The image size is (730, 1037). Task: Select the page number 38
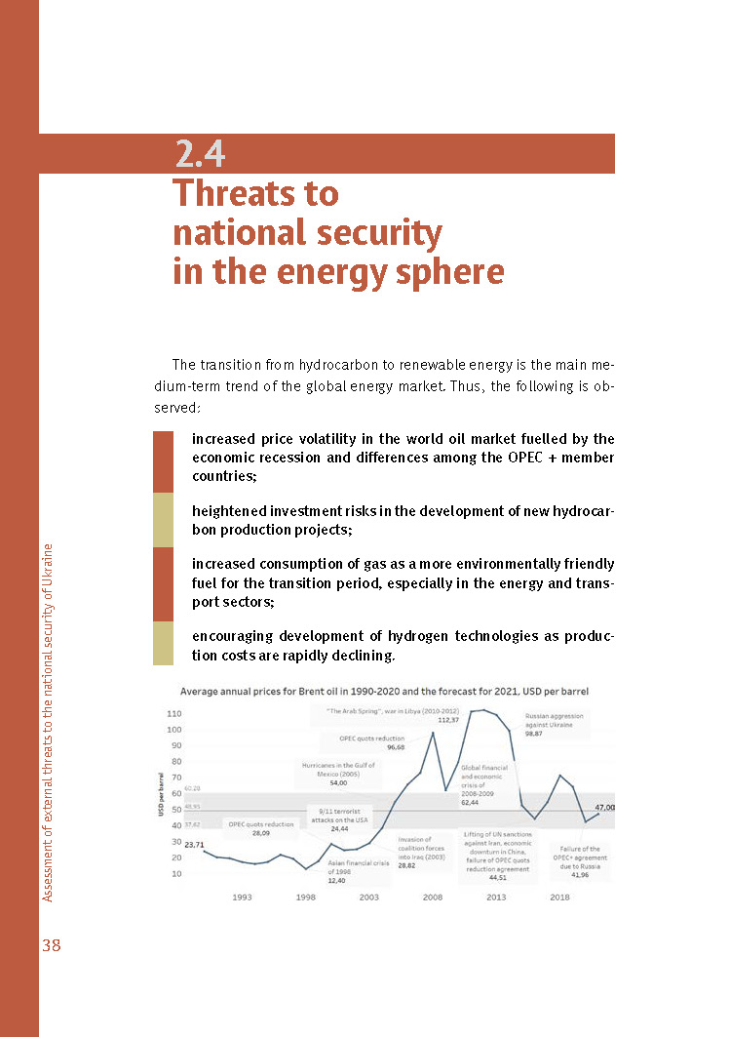pyautogui.click(x=51, y=944)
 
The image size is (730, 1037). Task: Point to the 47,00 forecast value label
pyautogui.click(x=604, y=808)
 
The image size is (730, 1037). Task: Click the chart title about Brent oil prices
pyautogui.click(x=384, y=691)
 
